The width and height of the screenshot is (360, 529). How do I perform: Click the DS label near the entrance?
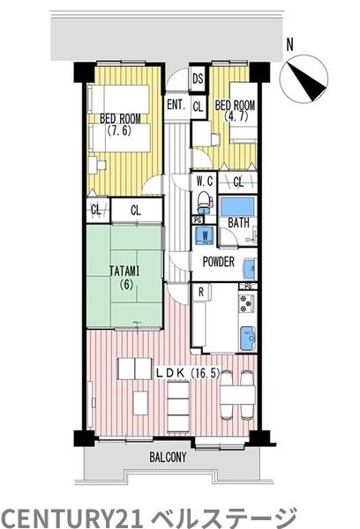pos(198,78)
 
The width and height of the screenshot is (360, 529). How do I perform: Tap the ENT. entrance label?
pos(176,104)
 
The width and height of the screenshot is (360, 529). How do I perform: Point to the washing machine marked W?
pos(205,235)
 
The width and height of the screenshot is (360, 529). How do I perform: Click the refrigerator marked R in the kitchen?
pos(201,292)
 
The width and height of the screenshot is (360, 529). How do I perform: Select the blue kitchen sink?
pos(248,339)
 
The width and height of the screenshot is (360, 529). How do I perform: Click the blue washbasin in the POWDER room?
pos(251,269)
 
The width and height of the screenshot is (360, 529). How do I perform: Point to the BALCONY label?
pos(168,458)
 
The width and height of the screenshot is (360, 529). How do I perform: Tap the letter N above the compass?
pos(289,45)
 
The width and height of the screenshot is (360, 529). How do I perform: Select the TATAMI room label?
pos(124,271)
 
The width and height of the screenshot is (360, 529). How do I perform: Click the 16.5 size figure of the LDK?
pos(206,374)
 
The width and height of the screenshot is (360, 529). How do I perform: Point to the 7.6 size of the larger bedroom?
pos(119,130)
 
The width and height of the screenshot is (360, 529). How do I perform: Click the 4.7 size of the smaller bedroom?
pos(236,116)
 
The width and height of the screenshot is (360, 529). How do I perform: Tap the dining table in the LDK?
pos(237,395)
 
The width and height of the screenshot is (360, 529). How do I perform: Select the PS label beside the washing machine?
pos(198,220)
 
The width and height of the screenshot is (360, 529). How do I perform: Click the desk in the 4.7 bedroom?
pos(201,134)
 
